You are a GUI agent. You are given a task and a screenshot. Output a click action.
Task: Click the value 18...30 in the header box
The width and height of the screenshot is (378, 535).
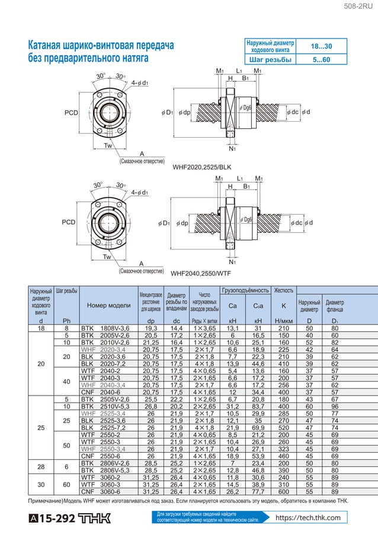pos(321,46)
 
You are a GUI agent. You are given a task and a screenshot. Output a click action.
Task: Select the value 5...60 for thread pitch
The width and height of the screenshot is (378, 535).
pos(321,60)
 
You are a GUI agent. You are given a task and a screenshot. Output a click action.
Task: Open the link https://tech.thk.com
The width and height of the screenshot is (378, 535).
pos(309,518)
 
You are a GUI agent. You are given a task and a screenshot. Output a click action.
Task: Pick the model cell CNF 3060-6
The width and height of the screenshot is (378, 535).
pos(105,491)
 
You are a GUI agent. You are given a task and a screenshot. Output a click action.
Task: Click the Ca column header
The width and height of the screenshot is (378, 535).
pos(232,306)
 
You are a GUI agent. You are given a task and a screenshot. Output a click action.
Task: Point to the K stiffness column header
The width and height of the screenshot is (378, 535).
pos(283,306)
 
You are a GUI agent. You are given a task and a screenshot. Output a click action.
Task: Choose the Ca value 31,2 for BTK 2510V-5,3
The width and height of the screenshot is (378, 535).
pos(232,406)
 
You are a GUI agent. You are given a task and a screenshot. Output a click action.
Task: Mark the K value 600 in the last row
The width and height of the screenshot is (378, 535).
pos(283,491)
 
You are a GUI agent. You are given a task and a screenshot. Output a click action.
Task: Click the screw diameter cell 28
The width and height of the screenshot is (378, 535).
pos(41,467)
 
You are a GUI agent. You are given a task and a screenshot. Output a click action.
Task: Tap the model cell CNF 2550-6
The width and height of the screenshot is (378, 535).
pos(105,456)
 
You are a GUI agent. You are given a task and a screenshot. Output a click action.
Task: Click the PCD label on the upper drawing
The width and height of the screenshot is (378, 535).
pos(71,113)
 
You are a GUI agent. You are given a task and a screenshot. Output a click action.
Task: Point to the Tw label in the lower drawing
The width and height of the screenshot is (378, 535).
pos(107,257)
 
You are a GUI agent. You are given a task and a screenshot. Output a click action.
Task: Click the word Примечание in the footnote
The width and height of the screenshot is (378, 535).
pos(46,501)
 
